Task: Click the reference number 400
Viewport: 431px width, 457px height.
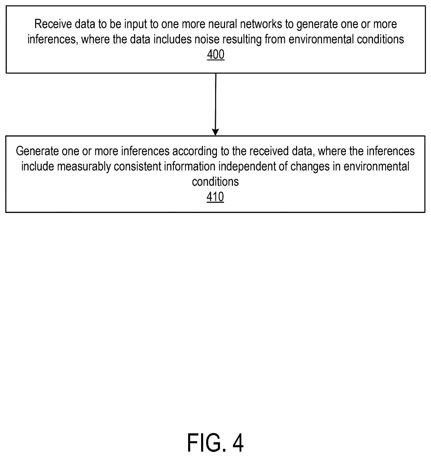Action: [x=216, y=55]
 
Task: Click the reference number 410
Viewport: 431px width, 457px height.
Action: [x=215, y=197]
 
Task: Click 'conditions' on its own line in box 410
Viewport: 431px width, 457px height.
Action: [x=215, y=182]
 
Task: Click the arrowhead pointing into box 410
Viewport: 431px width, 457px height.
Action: [x=216, y=132]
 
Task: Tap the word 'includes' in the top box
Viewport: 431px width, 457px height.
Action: [x=169, y=39]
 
